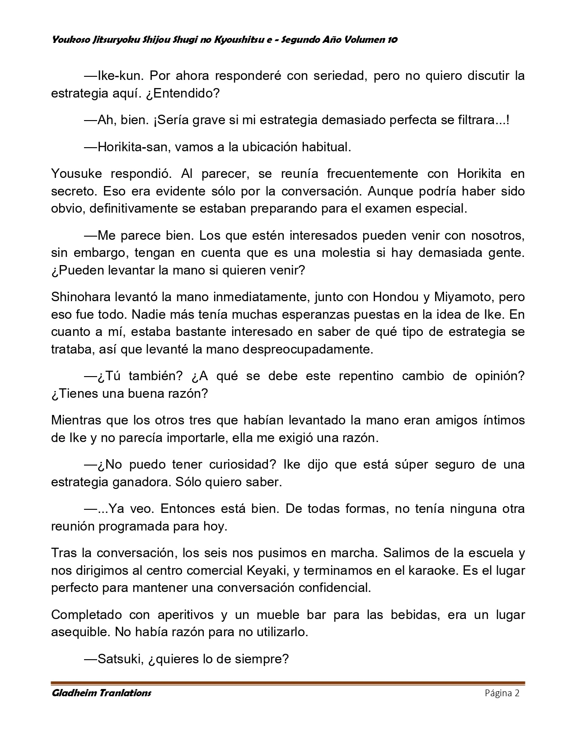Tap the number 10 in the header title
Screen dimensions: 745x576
pyautogui.click(x=392, y=40)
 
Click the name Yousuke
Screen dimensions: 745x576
pyautogui.click(x=74, y=173)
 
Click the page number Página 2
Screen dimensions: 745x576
pyautogui.click(x=502, y=693)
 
